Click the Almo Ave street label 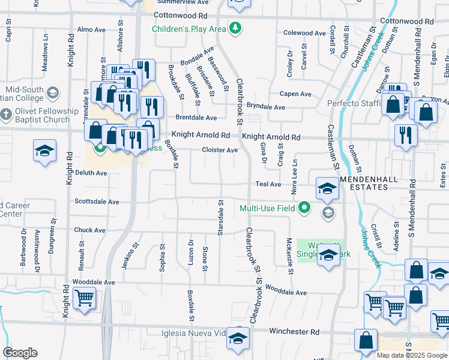tap(92, 29)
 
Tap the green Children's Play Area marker tap(237, 28)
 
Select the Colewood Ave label tap(298, 33)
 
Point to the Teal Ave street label tap(268, 184)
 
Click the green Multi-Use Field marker tap(305, 208)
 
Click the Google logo tap(20, 353)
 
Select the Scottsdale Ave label tap(96, 202)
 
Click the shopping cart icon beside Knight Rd tap(84, 296)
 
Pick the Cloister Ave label tap(220, 150)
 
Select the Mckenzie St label tap(289, 256)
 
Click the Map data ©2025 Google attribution tap(411, 355)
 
